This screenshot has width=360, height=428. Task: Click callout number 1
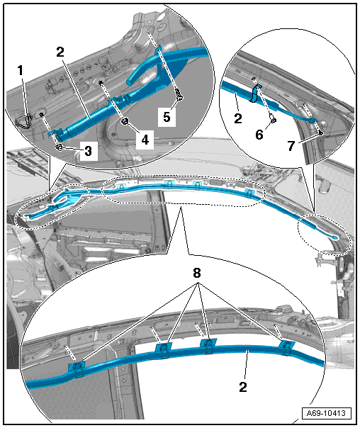click(x=21, y=70)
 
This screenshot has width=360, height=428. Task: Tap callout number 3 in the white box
click(x=88, y=151)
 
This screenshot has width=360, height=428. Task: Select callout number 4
click(x=145, y=140)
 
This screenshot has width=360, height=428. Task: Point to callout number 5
click(x=167, y=117)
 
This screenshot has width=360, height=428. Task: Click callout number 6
click(x=259, y=135)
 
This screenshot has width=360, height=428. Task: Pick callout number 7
click(x=291, y=146)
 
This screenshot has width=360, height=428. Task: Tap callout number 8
click(x=197, y=273)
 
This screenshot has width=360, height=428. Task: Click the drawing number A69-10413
click(x=326, y=413)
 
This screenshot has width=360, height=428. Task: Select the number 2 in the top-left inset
click(x=60, y=52)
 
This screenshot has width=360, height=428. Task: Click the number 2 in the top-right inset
click(x=238, y=118)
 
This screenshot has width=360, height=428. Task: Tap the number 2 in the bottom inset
click(x=243, y=387)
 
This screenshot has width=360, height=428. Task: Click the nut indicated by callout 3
click(x=59, y=147)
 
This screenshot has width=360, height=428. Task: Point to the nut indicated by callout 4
click(x=125, y=122)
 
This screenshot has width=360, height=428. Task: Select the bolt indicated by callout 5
click(x=179, y=96)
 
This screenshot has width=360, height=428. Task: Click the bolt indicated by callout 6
click(x=274, y=119)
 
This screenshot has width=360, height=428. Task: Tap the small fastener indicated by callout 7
click(x=321, y=133)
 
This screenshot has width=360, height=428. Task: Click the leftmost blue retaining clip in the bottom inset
click(x=77, y=368)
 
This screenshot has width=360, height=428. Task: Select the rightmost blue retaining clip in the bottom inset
click(x=286, y=347)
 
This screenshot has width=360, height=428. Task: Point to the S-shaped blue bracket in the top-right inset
click(x=254, y=93)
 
